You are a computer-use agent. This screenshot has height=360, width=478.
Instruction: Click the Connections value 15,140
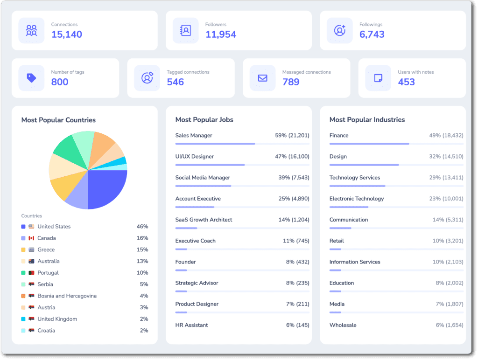66,35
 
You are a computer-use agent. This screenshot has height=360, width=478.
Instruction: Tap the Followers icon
185,30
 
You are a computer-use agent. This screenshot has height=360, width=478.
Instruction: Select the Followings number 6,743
372,35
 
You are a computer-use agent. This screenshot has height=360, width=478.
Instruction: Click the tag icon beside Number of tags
31,78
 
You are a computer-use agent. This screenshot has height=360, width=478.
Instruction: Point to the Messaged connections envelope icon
262,78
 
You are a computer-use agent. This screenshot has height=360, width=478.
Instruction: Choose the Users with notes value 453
407,82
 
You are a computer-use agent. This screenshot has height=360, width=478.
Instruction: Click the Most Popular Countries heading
58,120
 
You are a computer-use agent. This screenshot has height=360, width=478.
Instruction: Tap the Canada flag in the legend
31,238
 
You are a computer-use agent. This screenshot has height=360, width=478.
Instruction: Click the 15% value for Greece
142,250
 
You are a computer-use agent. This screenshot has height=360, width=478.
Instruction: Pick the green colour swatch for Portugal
23,273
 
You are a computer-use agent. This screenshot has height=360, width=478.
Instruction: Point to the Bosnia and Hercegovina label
67,296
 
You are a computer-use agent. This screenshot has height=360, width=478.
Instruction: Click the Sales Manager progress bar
242,144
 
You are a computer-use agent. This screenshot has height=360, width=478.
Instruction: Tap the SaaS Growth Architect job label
204,220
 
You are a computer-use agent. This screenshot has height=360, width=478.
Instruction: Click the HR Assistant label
191,325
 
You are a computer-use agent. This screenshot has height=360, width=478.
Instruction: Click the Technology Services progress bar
396,186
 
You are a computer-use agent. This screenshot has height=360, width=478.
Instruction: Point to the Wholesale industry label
343,325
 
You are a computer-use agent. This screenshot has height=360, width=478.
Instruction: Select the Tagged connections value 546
176,82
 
